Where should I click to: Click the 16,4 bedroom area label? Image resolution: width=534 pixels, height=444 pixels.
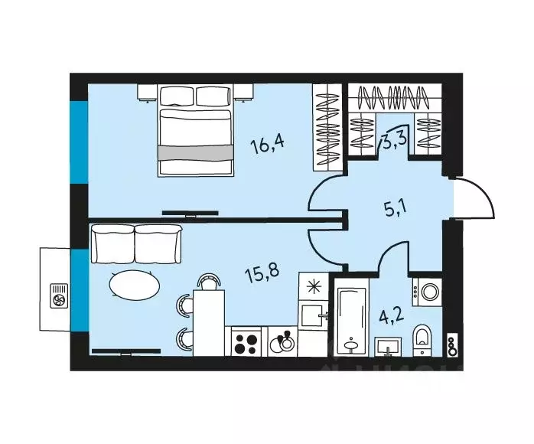point(272,143)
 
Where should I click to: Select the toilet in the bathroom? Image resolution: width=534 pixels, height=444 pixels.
point(422,338)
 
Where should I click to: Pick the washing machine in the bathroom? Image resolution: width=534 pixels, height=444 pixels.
point(426,292)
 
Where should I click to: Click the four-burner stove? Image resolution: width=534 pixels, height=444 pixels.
point(246,341)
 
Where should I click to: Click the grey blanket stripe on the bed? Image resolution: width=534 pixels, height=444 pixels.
point(194,152)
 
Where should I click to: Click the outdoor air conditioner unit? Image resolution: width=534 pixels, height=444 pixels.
point(57,295)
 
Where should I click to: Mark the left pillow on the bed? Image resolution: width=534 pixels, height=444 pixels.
point(177,96)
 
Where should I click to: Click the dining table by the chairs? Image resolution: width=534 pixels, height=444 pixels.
point(207,322)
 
